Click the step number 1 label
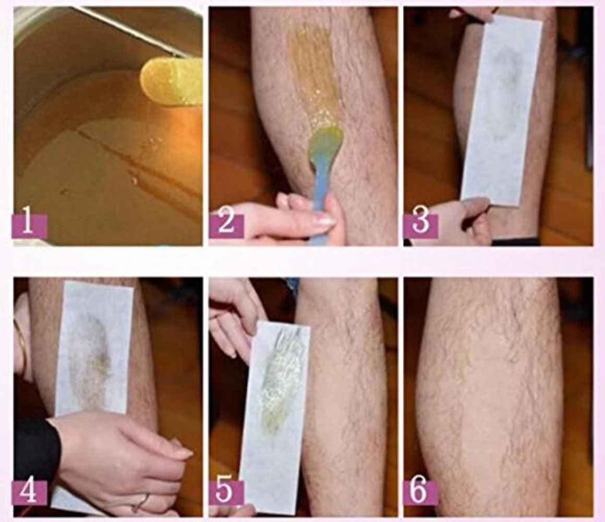pyautogui.click(x=29, y=226)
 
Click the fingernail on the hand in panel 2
pyautogui.click(x=324, y=220)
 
